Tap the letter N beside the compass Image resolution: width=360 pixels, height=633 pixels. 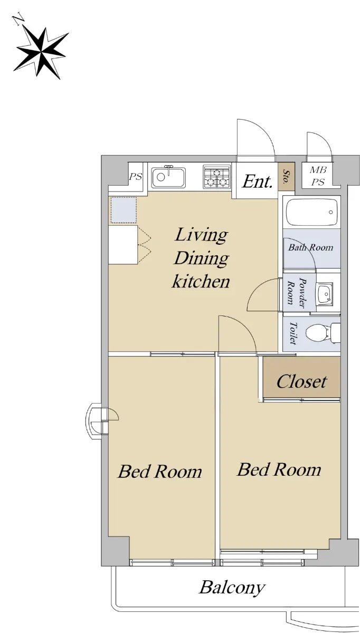pyautogui.click(x=17, y=19)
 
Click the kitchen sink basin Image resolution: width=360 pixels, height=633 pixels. pyautogui.click(x=168, y=177)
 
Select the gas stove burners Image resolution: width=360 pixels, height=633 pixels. pyautogui.click(x=216, y=177)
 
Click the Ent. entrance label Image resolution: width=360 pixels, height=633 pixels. pyautogui.click(x=258, y=181)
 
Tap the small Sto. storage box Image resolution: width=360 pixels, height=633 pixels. pyautogui.click(x=286, y=176)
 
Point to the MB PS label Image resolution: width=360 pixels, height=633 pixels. pyautogui.click(x=318, y=176)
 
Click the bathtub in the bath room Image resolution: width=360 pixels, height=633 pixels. pyautogui.click(x=312, y=212)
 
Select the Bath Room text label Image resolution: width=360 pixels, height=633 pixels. pyautogui.click(x=310, y=247)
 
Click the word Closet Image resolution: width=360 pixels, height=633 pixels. pyautogui.click(x=301, y=381)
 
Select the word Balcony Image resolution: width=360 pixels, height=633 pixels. pyautogui.click(x=232, y=588)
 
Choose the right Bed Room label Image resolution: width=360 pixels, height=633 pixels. pyautogui.click(x=279, y=469)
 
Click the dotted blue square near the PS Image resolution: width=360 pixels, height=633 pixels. pyautogui.click(x=124, y=210)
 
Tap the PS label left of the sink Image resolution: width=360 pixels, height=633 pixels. pyautogui.click(x=136, y=177)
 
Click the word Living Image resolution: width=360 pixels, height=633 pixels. pyautogui.click(x=201, y=235)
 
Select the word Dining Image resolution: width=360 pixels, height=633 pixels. pyautogui.click(x=201, y=258)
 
